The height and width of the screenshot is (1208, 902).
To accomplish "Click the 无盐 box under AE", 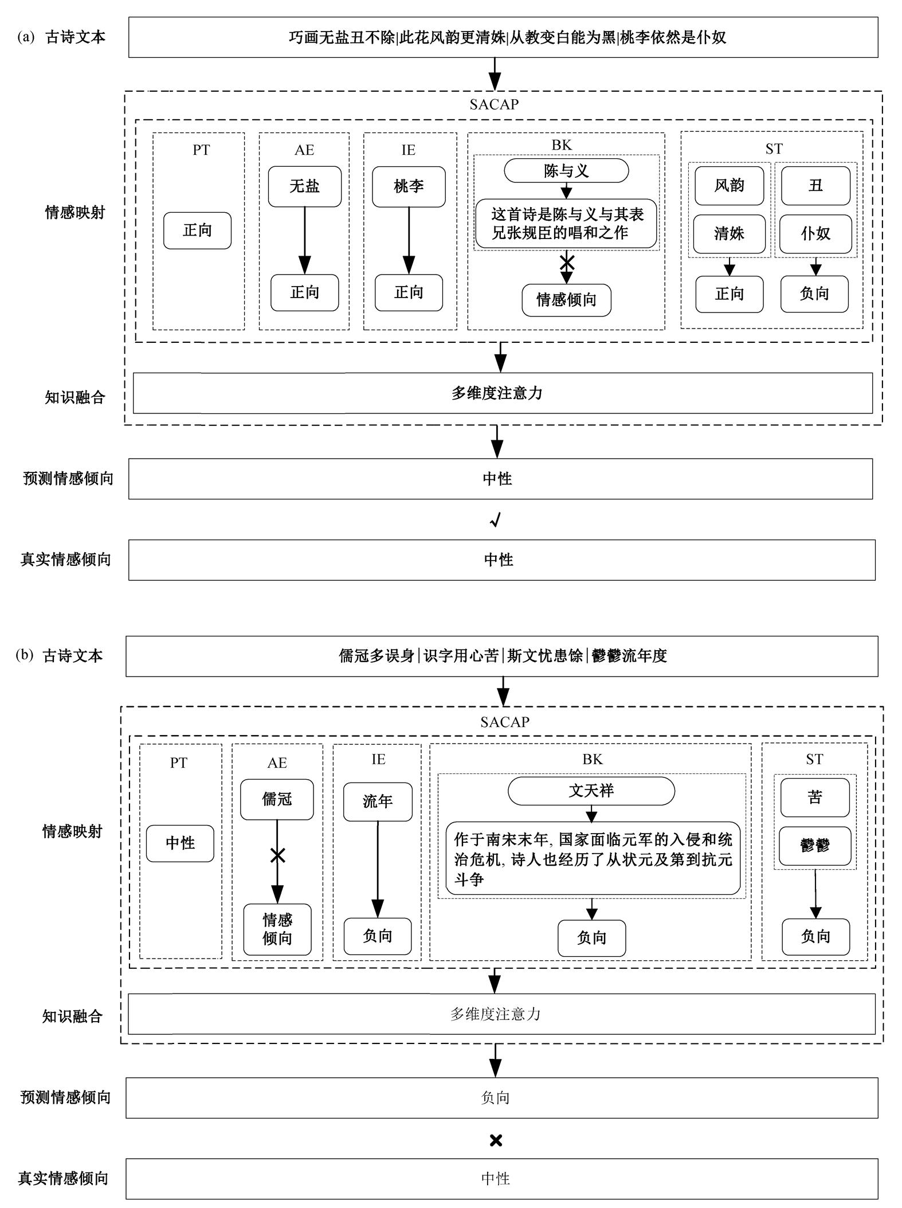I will pyautogui.click(x=304, y=186).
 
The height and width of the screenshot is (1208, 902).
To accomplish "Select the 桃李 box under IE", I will pyautogui.click(x=409, y=186).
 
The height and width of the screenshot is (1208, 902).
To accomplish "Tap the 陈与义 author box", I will pyautogui.click(x=566, y=171).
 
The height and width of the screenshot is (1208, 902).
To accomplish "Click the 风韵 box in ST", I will pyautogui.click(x=729, y=186).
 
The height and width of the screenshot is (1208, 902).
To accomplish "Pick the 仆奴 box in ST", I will pyautogui.click(x=815, y=233).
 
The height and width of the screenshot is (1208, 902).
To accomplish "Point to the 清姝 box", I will pyautogui.click(x=729, y=233).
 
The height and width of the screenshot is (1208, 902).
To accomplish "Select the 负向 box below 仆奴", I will pyautogui.click(x=814, y=294).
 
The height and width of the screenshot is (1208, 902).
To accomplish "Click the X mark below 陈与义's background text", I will pyautogui.click(x=567, y=263).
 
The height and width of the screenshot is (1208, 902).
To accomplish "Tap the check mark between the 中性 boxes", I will pyautogui.click(x=496, y=520).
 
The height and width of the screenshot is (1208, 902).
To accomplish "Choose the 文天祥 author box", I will pyautogui.click(x=591, y=791).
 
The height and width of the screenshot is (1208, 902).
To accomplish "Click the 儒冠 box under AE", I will pyautogui.click(x=277, y=799).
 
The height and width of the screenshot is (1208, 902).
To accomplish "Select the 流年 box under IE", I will pyautogui.click(x=378, y=802).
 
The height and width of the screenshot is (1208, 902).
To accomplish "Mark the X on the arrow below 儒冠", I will pyautogui.click(x=277, y=856).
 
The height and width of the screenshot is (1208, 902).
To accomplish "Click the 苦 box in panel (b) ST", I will pyautogui.click(x=815, y=797).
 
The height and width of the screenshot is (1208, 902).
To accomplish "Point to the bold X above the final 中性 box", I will pyautogui.click(x=496, y=1140).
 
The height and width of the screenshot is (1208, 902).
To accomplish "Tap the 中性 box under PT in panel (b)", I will pyautogui.click(x=180, y=843).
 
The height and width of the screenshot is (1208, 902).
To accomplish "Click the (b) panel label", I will pyautogui.click(x=25, y=655).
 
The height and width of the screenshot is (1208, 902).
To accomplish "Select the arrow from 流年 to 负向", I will pyautogui.click(x=378, y=869).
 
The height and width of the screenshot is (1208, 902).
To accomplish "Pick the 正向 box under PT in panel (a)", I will pyautogui.click(x=197, y=230).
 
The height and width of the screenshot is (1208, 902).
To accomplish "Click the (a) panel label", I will pyautogui.click(x=26, y=37).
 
